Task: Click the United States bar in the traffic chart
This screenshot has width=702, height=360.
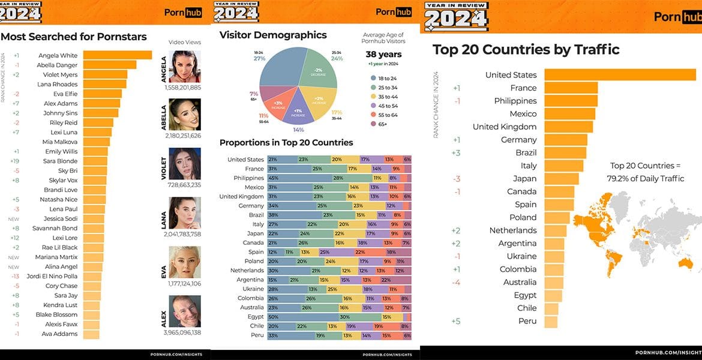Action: [620, 75]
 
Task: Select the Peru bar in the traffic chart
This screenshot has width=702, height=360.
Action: [551, 322]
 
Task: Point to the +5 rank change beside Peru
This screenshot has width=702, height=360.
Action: [457, 322]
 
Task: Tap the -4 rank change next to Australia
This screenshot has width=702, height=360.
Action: [457, 283]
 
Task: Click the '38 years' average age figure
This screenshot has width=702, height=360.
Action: [383, 55]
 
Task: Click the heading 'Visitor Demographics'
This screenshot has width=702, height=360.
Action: [273, 35]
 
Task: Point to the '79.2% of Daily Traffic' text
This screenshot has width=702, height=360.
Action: [645, 179]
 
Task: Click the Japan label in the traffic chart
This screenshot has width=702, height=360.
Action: [524, 179]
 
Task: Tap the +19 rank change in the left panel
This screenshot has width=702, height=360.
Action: [16, 161]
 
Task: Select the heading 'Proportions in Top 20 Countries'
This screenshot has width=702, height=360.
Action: [286, 143]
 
